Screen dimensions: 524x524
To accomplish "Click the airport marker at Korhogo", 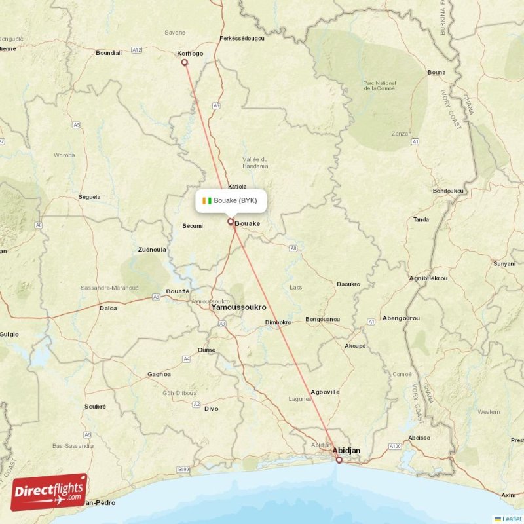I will coord(184,63).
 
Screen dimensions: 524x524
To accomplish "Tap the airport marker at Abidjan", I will coord(339,460).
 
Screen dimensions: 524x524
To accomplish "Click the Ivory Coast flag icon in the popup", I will coord(207,200).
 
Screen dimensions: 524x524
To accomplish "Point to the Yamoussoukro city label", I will coord(238,307).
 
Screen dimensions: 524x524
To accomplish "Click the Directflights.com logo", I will coord(49,491).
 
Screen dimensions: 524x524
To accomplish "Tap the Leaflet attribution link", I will coord(512,519).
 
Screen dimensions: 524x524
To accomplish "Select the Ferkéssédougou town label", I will coord(242,39).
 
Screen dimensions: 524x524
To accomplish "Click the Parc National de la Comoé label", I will coord(380,86).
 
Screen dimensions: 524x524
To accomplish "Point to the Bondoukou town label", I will coord(448,191).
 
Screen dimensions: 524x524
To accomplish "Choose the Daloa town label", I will coord(108,307).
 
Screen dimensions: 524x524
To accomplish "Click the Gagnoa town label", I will coord(159,375).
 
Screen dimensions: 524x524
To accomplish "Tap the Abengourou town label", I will coord(401,318).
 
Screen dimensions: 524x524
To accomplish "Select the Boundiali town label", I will coord(109,53).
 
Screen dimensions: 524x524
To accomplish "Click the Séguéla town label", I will coord(90,196).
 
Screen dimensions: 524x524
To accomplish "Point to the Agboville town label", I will coord(325,392).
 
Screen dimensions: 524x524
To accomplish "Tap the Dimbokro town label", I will coord(278,322).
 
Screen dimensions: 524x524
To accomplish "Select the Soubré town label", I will coord(95,406).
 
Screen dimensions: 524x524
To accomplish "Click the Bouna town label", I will coord(436,72).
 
